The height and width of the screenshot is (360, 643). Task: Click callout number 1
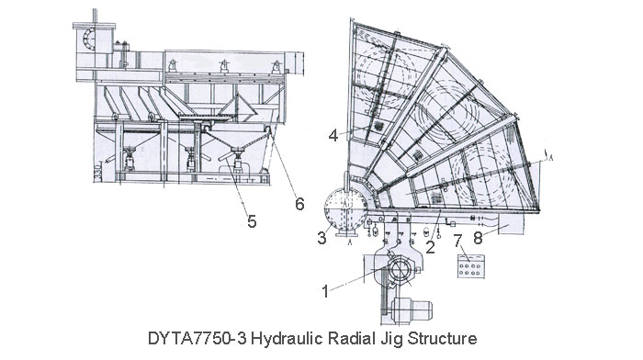pos(325,292)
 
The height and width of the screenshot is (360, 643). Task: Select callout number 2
pos(430,247)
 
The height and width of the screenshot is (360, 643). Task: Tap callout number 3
pos(321,238)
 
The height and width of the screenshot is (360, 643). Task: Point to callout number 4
pos(333,135)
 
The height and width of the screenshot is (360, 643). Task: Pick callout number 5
pos(252,221)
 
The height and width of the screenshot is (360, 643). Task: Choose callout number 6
pos(299,204)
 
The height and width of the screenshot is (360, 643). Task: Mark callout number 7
pos(458,241)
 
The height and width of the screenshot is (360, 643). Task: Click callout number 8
pos(478,238)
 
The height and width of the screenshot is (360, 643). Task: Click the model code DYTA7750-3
pos(197,339)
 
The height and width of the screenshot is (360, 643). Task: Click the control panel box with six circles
pos(470,266)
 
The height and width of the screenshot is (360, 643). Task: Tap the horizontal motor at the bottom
pos(412,309)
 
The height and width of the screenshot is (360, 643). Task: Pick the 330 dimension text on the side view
pos(97,173)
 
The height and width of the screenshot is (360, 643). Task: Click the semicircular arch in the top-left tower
pos(88,39)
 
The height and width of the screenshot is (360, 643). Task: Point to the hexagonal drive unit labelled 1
pos(400,271)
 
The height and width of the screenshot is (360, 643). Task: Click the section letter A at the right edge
pos(551,158)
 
